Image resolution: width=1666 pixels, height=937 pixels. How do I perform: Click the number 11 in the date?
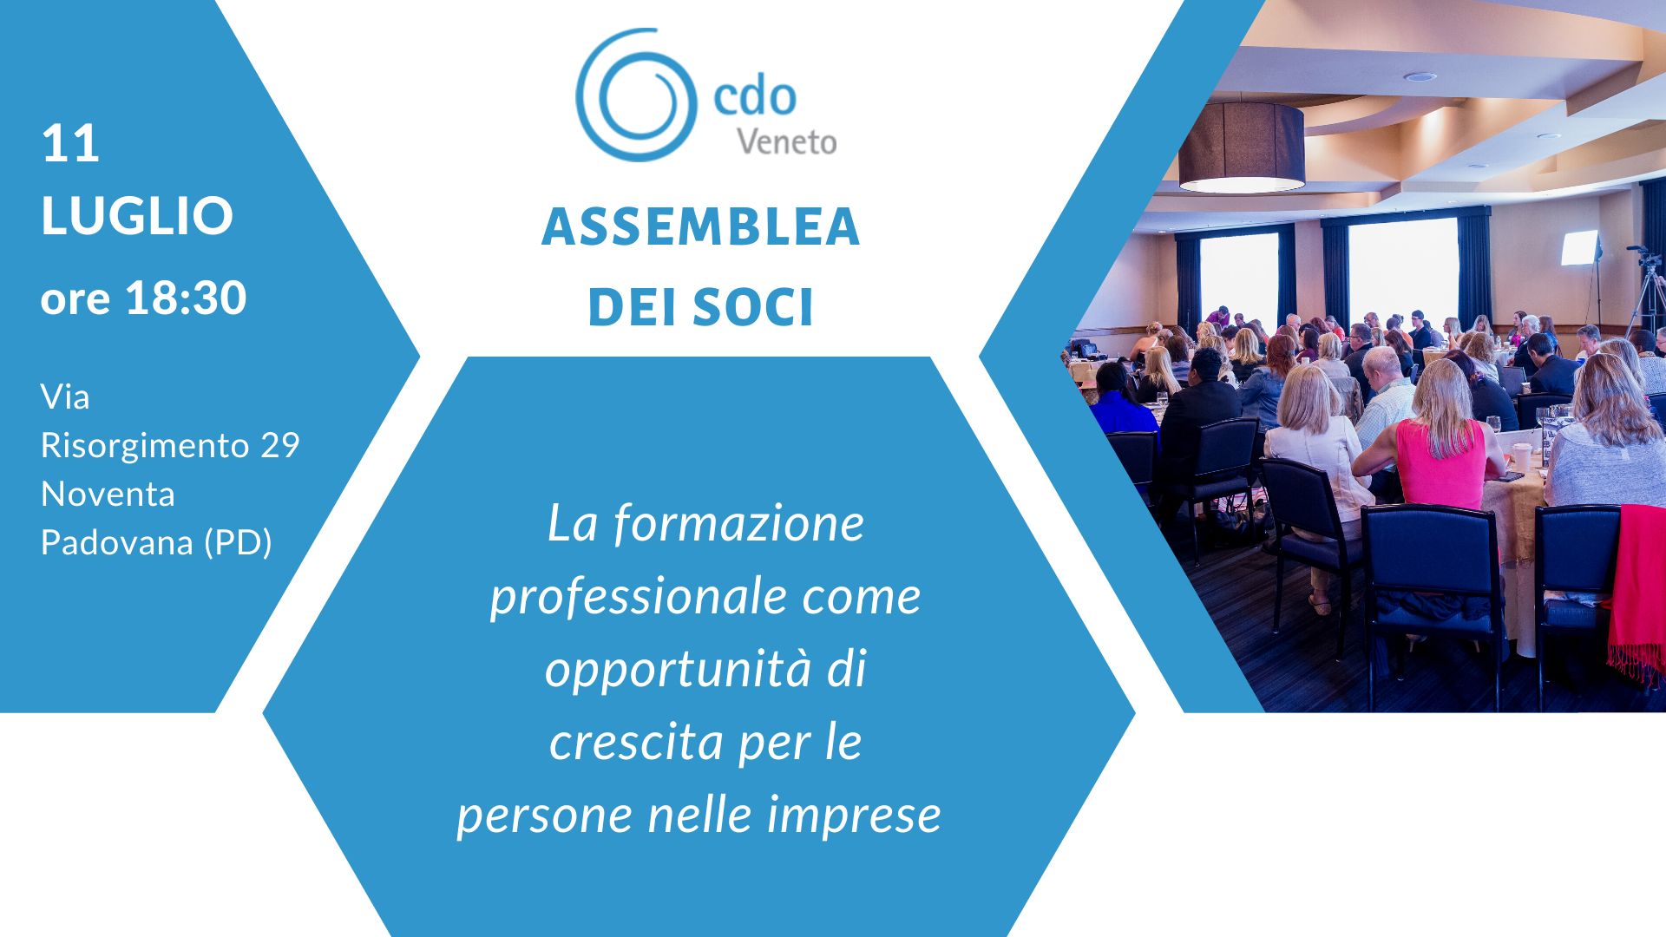(x=70, y=143)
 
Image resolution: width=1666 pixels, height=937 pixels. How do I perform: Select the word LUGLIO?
(x=137, y=215)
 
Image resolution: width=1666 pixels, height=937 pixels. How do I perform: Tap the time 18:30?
(x=186, y=298)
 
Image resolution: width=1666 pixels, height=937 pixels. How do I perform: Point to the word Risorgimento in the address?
(x=145, y=446)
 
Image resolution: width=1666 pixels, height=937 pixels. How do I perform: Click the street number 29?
(x=280, y=445)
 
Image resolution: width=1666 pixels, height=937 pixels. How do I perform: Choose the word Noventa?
(x=108, y=494)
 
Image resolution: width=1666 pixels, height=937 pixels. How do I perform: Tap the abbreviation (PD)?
(x=238, y=543)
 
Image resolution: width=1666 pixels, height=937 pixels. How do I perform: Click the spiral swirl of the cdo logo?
(x=636, y=95)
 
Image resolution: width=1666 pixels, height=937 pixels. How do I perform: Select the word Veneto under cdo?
(x=787, y=142)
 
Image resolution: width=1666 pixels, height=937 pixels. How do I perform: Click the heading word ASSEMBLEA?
(x=701, y=227)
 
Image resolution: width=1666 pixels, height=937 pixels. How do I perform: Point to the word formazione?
(x=738, y=524)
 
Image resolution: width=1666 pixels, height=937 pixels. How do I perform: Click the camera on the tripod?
(x=1646, y=257)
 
